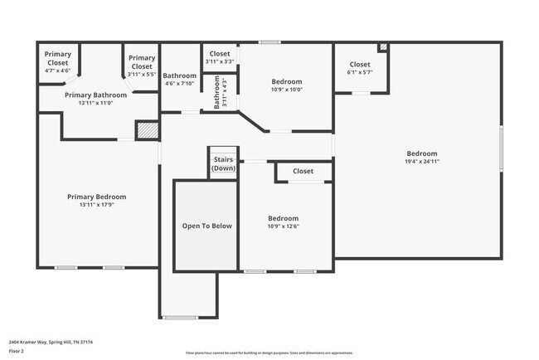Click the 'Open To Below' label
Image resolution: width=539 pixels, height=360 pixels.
[x=206, y=226]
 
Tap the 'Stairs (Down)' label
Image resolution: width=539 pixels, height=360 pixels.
[x=223, y=163]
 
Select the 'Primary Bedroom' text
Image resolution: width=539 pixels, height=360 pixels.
[x=96, y=197]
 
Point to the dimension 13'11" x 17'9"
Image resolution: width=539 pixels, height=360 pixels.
[x=96, y=204]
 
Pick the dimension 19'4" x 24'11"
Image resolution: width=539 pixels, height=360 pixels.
[x=421, y=162]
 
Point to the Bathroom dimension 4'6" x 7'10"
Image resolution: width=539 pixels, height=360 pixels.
[x=178, y=83]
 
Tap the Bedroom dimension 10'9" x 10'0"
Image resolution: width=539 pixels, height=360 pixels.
[x=286, y=90]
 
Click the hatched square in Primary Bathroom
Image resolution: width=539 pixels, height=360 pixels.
[x=146, y=130]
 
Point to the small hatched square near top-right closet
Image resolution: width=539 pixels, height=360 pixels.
[x=382, y=47]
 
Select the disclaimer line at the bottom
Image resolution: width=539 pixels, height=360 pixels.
[x=269, y=353]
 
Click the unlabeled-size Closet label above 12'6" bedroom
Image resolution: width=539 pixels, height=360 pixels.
[x=303, y=172]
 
